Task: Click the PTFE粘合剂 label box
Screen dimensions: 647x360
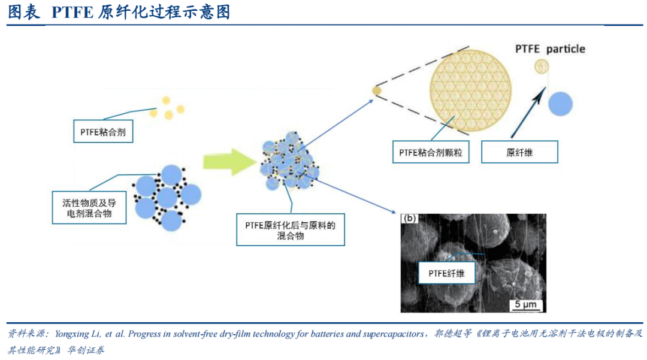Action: (x=103, y=132)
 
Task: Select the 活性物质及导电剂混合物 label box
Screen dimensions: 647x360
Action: (x=89, y=208)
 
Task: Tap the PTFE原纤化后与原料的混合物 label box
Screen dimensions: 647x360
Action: (x=291, y=229)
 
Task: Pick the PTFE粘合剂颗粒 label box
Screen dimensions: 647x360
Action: (x=431, y=152)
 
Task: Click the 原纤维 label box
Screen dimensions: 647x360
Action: (x=519, y=152)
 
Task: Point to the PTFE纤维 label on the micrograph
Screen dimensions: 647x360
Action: (x=446, y=273)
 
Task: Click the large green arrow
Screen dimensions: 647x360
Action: (x=229, y=162)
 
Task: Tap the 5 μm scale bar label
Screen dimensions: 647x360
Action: (x=525, y=305)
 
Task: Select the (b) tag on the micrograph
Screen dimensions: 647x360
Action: (x=409, y=218)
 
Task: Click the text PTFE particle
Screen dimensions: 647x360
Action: (x=550, y=49)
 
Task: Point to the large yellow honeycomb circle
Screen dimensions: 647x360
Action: (x=470, y=90)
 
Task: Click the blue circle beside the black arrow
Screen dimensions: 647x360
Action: (x=560, y=104)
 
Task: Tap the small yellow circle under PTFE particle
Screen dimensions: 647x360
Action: (x=542, y=66)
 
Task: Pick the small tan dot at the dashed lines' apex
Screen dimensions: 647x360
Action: (x=377, y=90)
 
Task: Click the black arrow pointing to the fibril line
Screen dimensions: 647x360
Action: (x=528, y=112)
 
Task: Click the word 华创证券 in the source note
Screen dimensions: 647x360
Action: (x=86, y=350)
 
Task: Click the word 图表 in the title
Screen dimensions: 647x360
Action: (x=24, y=12)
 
